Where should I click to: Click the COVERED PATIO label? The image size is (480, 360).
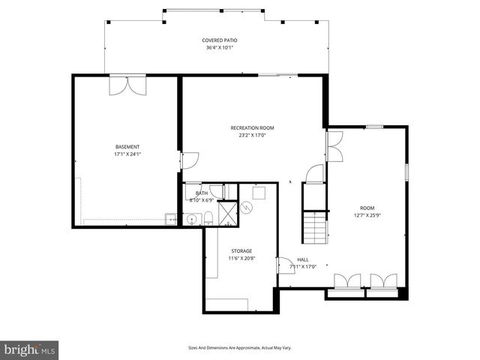[220, 40]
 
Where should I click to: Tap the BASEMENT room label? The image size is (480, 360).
[127, 146]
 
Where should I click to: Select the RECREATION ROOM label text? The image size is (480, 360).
[252, 127]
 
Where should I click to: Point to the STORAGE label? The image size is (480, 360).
[241, 251]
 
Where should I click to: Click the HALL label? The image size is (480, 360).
[303, 259]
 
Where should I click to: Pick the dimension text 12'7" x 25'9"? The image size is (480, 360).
[367, 216]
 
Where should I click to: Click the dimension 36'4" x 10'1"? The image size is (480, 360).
[220, 48]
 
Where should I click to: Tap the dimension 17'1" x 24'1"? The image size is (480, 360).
[127, 154]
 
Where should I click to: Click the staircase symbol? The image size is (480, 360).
[314, 227]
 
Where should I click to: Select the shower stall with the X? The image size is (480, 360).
[227, 213]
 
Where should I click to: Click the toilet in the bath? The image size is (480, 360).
[208, 218]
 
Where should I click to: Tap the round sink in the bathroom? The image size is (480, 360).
[192, 220]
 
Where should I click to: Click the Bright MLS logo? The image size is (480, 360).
[29, 349]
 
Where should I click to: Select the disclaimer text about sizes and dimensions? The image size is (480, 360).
[239, 348]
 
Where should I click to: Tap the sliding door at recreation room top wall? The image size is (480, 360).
[277, 74]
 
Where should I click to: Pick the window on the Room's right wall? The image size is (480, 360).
[407, 171]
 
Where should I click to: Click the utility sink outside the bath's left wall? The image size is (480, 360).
[171, 219]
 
